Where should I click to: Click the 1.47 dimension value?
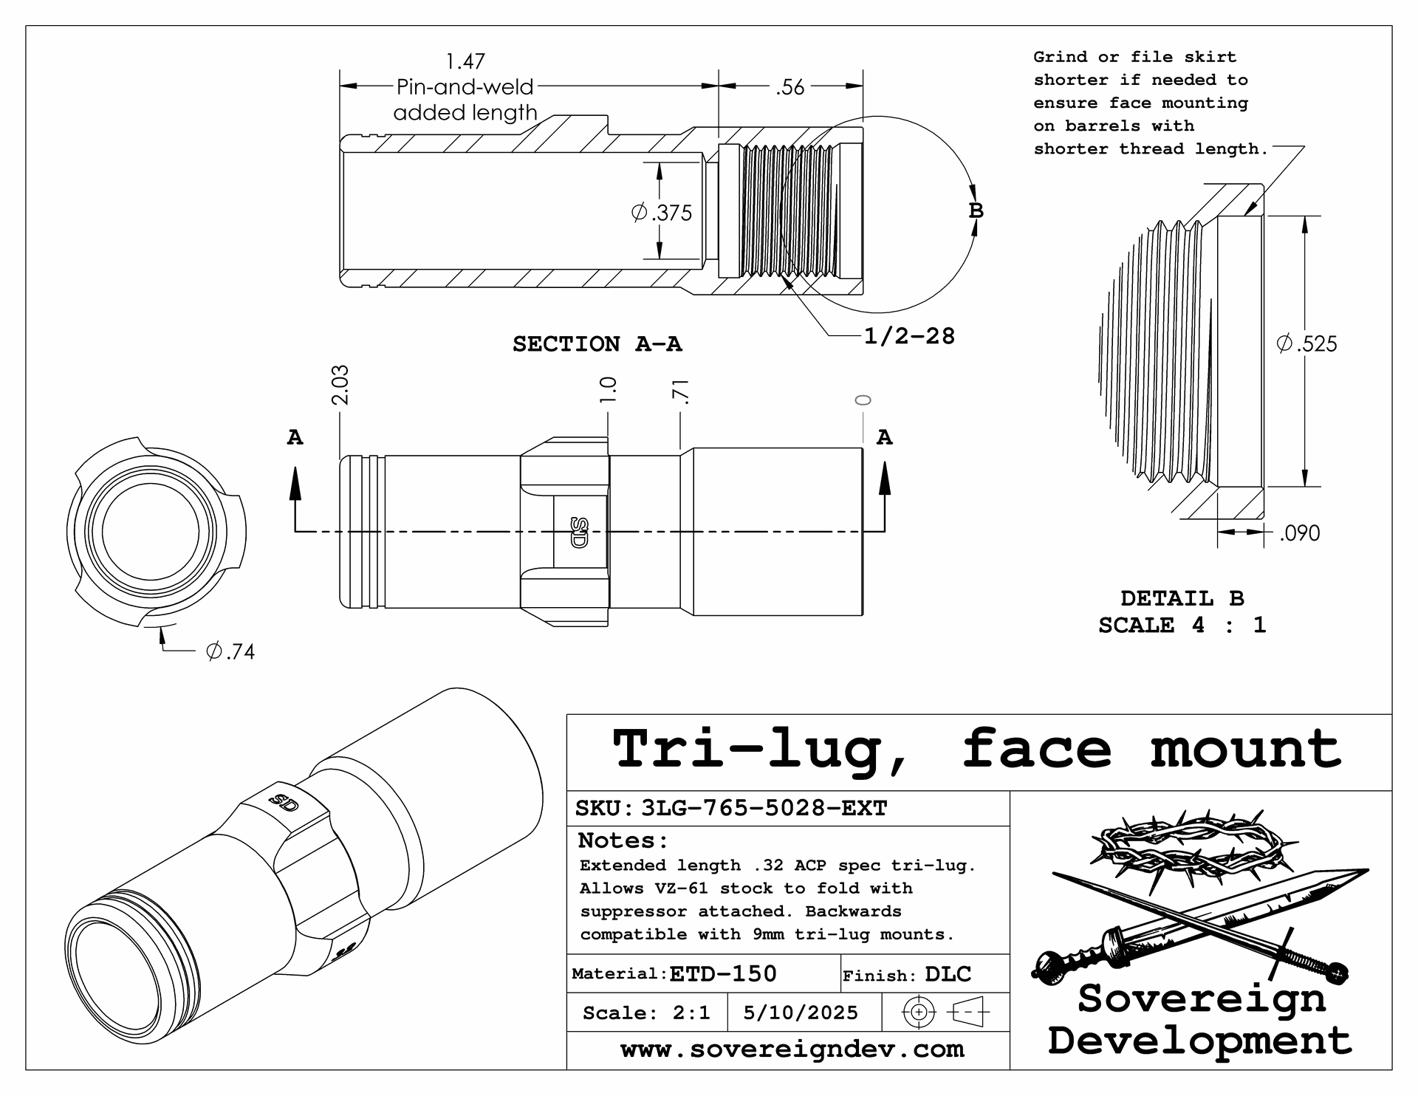[465, 61]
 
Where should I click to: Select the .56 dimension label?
[790, 87]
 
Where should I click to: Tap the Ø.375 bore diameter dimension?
[662, 213]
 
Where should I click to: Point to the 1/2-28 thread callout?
[909, 337]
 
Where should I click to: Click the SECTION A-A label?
[597, 344]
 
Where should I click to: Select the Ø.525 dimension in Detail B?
[1307, 343]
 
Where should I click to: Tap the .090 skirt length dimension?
[1299, 533]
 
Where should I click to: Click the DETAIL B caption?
[1182, 598]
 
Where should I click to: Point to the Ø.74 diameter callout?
[230, 651]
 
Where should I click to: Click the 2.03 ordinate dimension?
[340, 385]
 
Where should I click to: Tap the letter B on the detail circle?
[976, 210]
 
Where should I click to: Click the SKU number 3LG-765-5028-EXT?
[764, 808]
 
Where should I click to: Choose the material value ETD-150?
[723, 974]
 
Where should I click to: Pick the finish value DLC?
[948, 974]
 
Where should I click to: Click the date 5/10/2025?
[801, 1013]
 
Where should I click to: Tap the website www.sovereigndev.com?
[792, 1049]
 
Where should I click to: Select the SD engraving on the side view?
[579, 532]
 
